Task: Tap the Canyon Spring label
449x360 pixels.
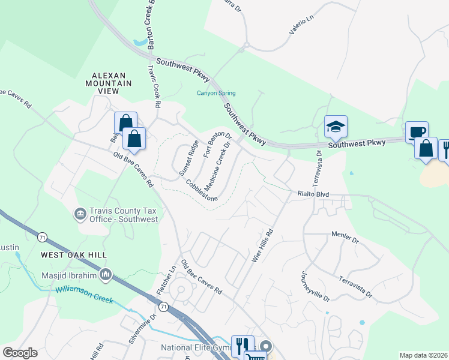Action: [x=216, y=93]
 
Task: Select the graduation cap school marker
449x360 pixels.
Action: [x=336, y=127]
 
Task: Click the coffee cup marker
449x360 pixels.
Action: [x=416, y=132]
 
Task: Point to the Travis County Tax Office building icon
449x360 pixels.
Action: [x=79, y=214]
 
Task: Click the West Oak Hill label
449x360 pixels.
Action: [x=74, y=255]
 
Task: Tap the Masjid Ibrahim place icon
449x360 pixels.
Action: [x=106, y=275]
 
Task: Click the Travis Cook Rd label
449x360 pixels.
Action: [x=155, y=87]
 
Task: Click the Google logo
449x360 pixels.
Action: [x=20, y=353]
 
